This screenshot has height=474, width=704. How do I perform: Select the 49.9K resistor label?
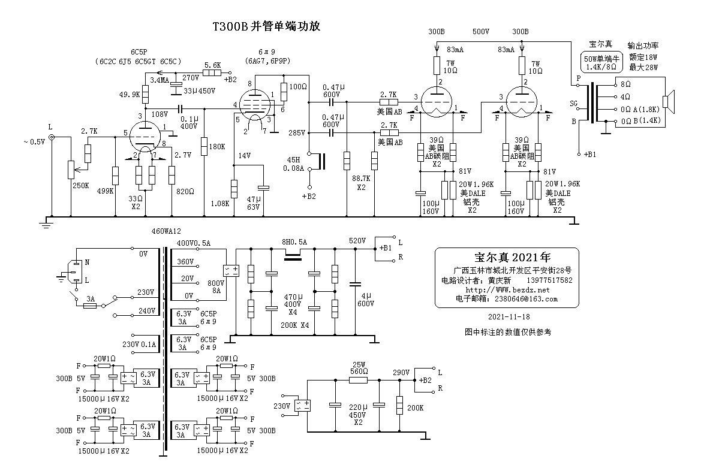130,94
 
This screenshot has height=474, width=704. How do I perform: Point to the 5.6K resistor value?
213,65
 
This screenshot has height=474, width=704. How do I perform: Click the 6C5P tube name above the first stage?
140,52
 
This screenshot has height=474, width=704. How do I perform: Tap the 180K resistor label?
216,146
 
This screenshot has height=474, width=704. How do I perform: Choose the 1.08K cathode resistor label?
220,203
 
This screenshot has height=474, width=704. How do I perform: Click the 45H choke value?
293,160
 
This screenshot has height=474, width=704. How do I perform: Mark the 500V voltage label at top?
481,32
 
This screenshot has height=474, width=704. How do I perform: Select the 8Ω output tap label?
625,84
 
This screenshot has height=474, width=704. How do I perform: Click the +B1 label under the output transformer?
590,155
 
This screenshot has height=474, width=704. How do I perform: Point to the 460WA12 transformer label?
167,231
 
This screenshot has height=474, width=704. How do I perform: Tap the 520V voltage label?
358,241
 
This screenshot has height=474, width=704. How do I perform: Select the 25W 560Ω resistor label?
359,367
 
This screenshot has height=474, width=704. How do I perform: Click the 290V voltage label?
401,372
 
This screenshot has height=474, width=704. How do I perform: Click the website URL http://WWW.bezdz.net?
507,290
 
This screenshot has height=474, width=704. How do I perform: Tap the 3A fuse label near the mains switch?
91,298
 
